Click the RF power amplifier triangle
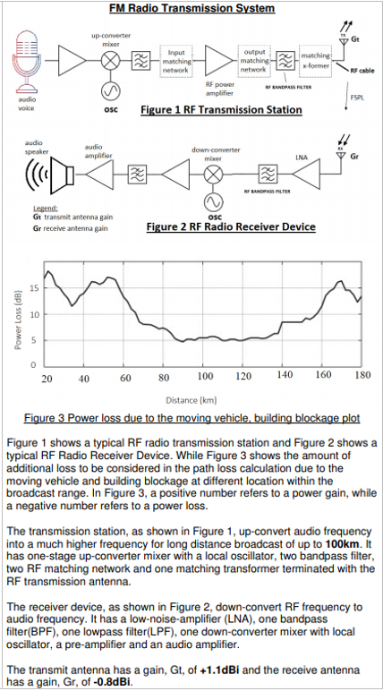tap(216, 60)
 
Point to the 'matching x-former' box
tap(316, 60)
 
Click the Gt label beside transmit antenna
tap(355, 40)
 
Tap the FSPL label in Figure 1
tap(355, 97)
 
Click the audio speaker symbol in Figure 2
tap(45, 176)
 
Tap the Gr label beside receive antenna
tap(355, 156)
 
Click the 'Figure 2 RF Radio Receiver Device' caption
tap(230, 227)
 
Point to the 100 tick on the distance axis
tap(205, 376)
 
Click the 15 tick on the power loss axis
tap(33, 288)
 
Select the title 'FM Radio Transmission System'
tap(191, 8)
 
